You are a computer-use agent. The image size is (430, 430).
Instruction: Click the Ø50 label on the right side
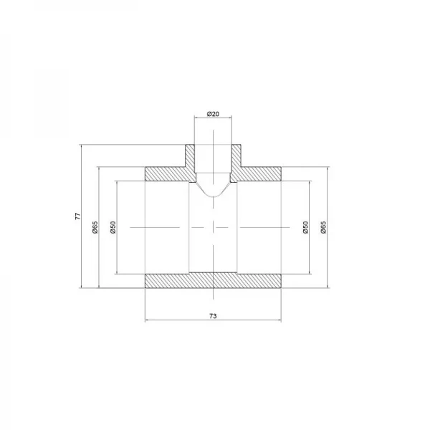(x=306, y=226)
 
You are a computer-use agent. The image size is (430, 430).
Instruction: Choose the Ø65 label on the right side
(x=324, y=226)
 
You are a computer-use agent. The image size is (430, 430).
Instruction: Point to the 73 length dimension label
(x=213, y=314)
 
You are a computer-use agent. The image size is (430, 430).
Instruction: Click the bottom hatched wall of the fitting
(x=213, y=280)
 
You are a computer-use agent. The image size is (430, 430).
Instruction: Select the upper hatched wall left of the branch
(x=166, y=173)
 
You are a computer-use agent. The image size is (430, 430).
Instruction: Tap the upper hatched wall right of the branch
(x=260, y=173)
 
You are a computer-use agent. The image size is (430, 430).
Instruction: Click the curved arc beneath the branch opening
(x=213, y=194)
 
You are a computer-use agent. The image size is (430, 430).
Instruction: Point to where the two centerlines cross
(x=213, y=226)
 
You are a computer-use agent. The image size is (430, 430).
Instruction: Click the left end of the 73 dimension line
(x=145, y=320)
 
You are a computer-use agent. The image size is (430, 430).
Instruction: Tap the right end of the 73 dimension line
(x=281, y=320)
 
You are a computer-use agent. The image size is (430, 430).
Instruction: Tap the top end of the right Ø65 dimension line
(x=329, y=166)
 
